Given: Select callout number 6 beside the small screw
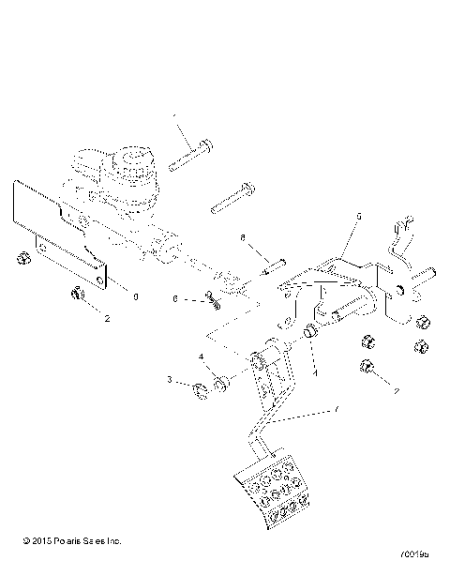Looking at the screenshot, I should point(174,298).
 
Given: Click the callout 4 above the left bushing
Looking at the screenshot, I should point(200,356).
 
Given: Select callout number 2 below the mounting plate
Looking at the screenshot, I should point(107,319).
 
